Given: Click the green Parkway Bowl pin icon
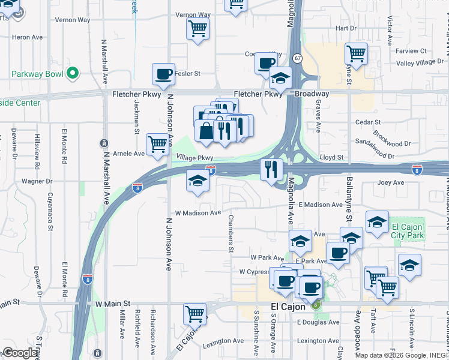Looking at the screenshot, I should pos(72,74).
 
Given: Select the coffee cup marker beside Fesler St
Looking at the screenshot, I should pos(163,75).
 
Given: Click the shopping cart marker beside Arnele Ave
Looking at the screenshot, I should pos(157,144).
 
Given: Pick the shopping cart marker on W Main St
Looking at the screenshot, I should pos(194,313).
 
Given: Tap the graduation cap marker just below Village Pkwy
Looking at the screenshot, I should pos(197,181).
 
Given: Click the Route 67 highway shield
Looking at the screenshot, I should pos(298,58).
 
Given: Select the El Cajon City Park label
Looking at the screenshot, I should pos(408,231).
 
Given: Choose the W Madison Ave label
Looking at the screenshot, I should pos(198,213).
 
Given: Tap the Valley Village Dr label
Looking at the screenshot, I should pos(420,62).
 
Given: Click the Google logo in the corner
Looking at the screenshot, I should pos(20,353).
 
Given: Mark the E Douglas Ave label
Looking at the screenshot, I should pos(319,322).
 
